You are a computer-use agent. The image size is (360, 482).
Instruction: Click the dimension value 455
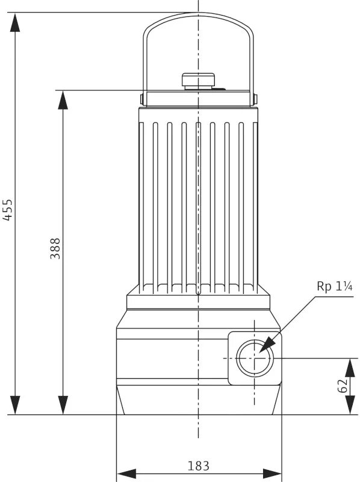pyautogui.click(x=8, y=209)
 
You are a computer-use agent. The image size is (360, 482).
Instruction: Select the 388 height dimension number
pyautogui.click(x=55, y=248)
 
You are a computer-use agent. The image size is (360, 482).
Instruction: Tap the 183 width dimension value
pyautogui.click(x=198, y=466)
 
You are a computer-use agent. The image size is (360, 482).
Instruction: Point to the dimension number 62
pyautogui.click(x=343, y=386)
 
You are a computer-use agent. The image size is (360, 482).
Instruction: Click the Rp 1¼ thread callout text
pyautogui.click(x=334, y=286)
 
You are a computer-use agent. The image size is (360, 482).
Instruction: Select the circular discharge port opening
pyautogui.click(x=254, y=358)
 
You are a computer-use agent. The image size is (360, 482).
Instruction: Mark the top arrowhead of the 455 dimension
pyautogui.click(x=15, y=22)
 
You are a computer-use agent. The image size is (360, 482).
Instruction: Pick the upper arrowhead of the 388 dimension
pyautogui.click(x=63, y=100)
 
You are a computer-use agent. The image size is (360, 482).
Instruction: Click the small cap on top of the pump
pyautogui.click(x=198, y=80)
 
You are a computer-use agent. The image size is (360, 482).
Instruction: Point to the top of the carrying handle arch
pyautogui.click(x=198, y=14)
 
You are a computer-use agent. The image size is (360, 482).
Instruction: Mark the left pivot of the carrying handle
pyautogui.click(x=142, y=98)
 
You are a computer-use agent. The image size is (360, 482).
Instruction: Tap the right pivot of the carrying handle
pyautogui.click(x=255, y=98)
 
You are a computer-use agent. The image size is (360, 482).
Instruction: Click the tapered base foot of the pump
pyautogui.click(x=198, y=400)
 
